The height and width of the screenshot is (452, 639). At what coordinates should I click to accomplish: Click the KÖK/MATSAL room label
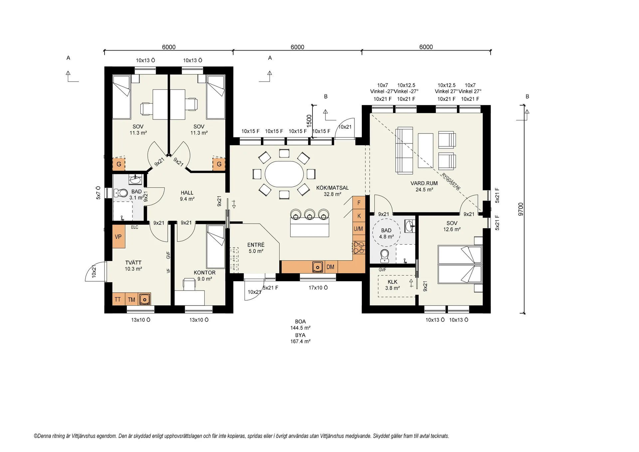click(332, 188)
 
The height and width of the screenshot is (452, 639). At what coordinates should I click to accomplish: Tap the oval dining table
click(284, 174)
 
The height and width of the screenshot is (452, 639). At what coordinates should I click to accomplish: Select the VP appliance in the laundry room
click(118, 237)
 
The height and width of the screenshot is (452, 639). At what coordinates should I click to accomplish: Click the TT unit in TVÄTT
click(118, 299)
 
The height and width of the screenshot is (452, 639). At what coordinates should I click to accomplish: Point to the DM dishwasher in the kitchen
click(330, 267)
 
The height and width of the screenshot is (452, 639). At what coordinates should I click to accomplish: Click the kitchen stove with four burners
click(359, 248)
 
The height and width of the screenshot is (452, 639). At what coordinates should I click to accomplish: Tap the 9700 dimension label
click(521, 209)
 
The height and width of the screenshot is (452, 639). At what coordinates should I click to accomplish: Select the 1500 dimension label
click(309, 121)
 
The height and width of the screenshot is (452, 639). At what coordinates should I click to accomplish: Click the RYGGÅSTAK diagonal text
click(451, 181)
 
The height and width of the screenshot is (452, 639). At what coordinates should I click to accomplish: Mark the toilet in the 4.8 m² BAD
click(385, 255)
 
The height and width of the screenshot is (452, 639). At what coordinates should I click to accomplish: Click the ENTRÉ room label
click(256, 245)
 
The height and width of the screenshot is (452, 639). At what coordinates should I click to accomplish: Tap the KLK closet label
click(393, 282)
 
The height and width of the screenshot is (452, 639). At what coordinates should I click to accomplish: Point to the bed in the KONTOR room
click(216, 246)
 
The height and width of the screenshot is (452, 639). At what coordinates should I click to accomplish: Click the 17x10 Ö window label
click(318, 288)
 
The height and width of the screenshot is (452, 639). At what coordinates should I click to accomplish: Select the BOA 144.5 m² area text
click(300, 325)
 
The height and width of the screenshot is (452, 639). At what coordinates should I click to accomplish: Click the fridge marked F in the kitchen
click(359, 203)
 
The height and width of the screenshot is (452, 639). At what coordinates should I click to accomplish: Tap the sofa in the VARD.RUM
click(404, 150)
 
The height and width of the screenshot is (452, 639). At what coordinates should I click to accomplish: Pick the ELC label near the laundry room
click(134, 227)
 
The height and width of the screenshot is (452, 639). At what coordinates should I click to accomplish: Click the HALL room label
click(187, 193)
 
